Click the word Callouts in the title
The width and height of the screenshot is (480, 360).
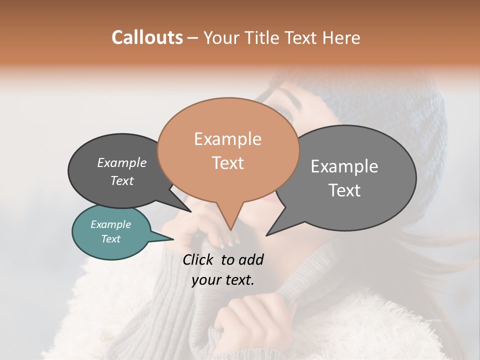coord(147,37)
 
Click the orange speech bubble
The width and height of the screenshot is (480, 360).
coord(228,150)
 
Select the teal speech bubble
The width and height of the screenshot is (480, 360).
coord(111,232)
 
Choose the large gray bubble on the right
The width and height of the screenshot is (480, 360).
coord(345,178)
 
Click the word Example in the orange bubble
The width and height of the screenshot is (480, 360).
coord(228,138)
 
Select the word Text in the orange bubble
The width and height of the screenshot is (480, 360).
coord(228,163)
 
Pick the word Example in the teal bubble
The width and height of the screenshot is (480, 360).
coord(111,224)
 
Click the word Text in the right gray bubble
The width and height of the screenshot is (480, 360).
coord(345,190)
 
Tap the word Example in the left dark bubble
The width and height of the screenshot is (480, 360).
coord(122,162)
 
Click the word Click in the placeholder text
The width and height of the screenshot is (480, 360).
coord(199,259)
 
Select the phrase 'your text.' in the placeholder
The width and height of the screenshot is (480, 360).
coord(223,280)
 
